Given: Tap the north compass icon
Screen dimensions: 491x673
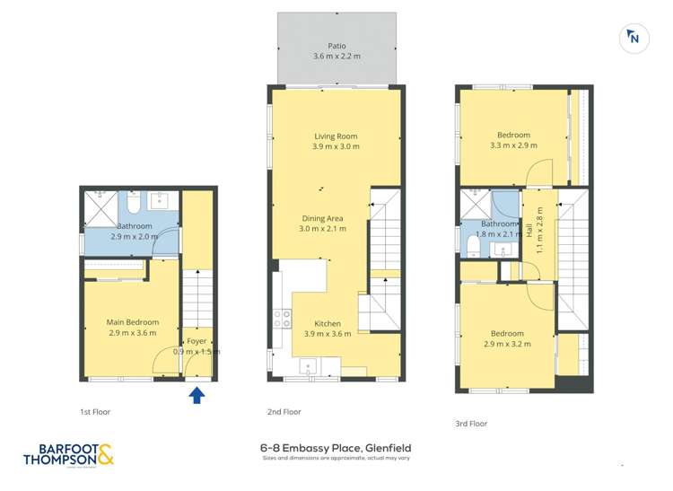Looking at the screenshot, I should (x=634, y=38).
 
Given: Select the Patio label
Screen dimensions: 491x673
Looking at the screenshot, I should (x=336, y=46).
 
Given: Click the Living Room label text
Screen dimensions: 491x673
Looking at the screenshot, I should (x=336, y=136).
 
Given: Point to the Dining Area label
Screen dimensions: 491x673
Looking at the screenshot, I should (x=323, y=218).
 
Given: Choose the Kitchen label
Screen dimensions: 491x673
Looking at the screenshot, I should (x=327, y=323).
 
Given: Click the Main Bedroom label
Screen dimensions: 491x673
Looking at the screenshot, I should (x=133, y=322).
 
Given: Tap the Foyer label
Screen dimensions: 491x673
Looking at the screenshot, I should (x=197, y=341).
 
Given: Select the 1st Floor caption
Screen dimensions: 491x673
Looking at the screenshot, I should (x=95, y=411).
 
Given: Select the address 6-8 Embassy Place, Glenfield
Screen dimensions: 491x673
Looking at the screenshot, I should (x=336, y=448).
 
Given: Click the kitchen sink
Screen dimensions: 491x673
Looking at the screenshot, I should (x=307, y=364).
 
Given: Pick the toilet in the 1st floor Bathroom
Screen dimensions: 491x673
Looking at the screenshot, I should (x=132, y=199).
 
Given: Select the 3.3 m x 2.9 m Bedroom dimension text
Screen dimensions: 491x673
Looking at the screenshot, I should (x=513, y=145).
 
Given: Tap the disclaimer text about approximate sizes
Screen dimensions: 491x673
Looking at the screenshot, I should (x=336, y=459).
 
